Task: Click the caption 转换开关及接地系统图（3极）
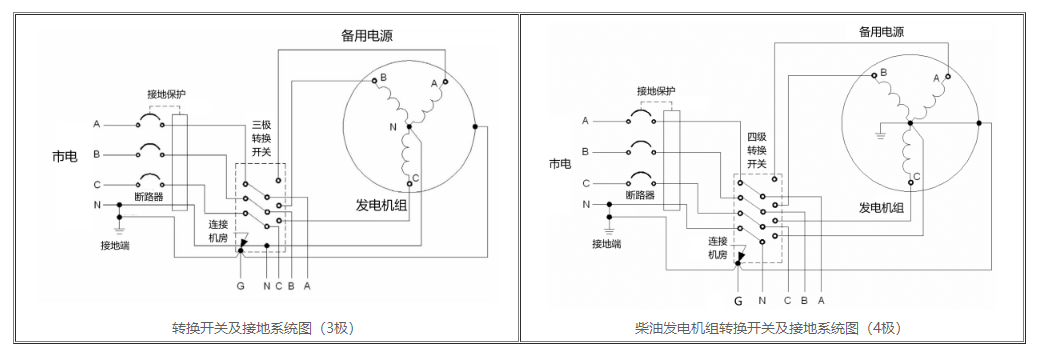263,327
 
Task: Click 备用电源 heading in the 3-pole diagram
366,36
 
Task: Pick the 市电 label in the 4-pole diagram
560,163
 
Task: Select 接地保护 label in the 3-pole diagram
166,94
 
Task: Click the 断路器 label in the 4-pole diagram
639,195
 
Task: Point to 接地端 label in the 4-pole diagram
606,243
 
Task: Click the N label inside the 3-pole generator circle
393,127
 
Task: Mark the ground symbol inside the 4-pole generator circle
881,131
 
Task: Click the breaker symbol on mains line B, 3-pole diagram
151,153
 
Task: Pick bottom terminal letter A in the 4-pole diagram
820,298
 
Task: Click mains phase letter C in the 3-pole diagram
97,184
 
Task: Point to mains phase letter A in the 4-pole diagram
584,121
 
